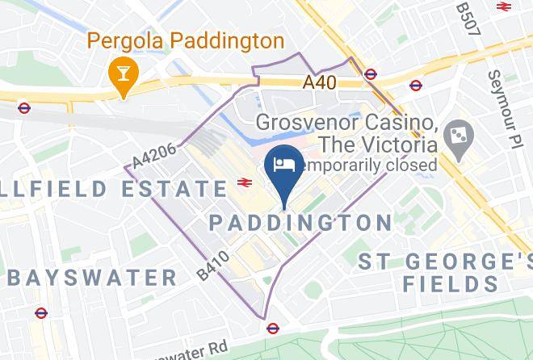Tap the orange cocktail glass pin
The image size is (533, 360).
[124, 75]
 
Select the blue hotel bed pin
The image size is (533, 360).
[285, 165]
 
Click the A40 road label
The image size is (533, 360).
[320, 82]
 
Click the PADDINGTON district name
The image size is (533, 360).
[300, 222]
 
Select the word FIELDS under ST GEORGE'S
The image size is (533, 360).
[451, 284]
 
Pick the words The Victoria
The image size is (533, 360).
[379, 144]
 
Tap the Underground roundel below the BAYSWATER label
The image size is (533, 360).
[41, 313]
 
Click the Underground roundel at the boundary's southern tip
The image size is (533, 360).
[273, 328]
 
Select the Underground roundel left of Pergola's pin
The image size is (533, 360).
[24, 107]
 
